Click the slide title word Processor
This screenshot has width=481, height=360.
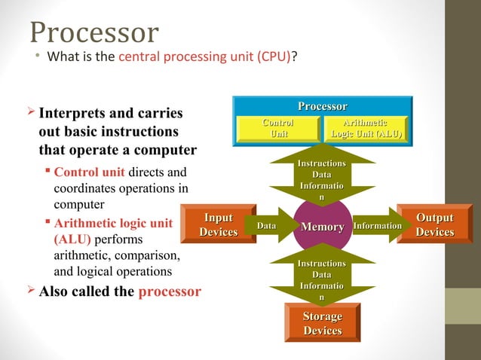pyautogui.click(x=94, y=32)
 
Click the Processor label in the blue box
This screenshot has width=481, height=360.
pyautogui.click(x=322, y=107)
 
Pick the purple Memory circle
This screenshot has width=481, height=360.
pyautogui.click(x=323, y=227)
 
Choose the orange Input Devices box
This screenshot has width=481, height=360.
pyautogui.click(x=219, y=225)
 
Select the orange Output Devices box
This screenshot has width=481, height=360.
pyautogui.click(x=435, y=225)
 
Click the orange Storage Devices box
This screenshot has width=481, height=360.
pyautogui.click(x=322, y=323)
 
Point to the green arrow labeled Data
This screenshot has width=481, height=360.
pyautogui.click(x=268, y=226)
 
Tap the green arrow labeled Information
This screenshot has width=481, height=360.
pyautogui.click(x=377, y=226)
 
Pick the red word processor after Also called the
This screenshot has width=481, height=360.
pyautogui.click(x=170, y=291)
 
